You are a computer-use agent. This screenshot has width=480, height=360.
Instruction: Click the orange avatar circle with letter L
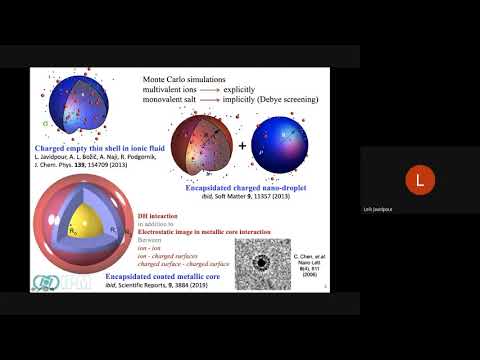pos(419,181)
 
